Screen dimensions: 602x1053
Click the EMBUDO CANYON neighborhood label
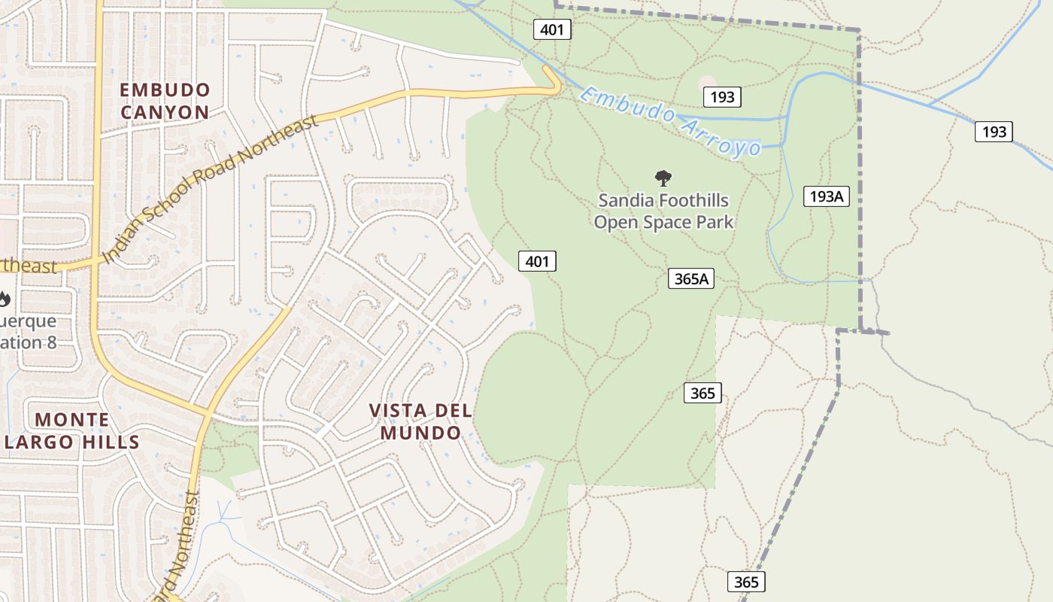pyautogui.click(x=165, y=101)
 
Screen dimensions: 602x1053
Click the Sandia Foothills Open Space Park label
pyautogui.click(x=663, y=211)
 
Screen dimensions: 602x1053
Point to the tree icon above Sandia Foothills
pyautogui.click(x=663, y=178)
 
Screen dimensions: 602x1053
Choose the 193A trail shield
pyautogui.click(x=826, y=196)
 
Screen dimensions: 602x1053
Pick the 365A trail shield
pyautogui.click(x=690, y=278)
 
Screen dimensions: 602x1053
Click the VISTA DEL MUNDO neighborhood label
pyautogui.click(x=420, y=421)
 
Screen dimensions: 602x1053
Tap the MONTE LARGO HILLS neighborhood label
pyautogui.click(x=72, y=430)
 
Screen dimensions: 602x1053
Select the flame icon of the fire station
pyautogui.click(x=5, y=299)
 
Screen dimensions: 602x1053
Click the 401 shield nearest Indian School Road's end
pyautogui.click(x=552, y=30)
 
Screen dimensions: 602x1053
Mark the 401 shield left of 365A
pyautogui.click(x=537, y=261)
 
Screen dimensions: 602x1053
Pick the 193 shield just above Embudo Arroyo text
pyautogui.click(x=722, y=96)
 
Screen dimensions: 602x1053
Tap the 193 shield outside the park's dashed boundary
pyautogui.click(x=994, y=132)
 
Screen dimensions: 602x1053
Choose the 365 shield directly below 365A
pyautogui.click(x=703, y=393)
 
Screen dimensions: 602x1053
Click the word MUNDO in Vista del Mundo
pyautogui.click(x=420, y=433)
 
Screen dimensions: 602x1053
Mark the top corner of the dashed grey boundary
pyautogui.click(x=859, y=31)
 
